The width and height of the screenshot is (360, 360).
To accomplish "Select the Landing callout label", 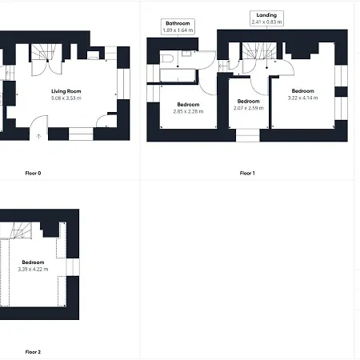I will coord(266,15).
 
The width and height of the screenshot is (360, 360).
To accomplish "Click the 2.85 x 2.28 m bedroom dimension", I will coord(189,111).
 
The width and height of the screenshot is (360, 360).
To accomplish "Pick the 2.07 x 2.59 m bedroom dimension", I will coord(249,107).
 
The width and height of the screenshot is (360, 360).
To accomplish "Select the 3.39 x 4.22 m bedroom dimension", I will coord(33,269).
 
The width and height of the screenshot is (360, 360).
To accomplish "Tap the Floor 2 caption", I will coord(33,351).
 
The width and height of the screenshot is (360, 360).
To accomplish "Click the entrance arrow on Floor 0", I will coord(38,136).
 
